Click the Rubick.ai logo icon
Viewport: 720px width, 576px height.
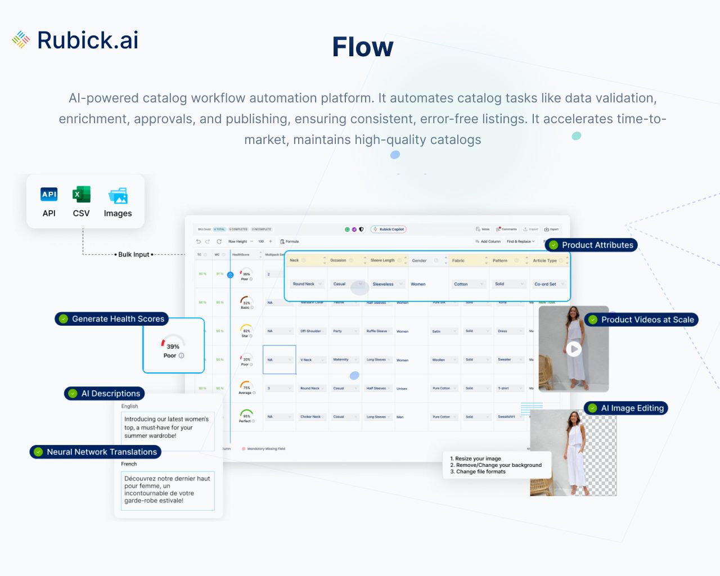click(x=21, y=39)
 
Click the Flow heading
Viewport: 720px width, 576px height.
click(x=363, y=47)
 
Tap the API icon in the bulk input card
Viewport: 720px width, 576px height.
click(x=49, y=195)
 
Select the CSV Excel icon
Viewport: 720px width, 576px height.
click(x=81, y=195)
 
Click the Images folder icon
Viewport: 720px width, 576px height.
click(x=118, y=196)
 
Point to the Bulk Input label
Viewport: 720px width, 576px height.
click(x=134, y=254)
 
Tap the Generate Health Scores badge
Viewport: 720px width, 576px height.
click(x=112, y=319)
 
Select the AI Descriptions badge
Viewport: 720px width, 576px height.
click(x=105, y=394)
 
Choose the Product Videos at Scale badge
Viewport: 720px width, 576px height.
click(x=641, y=319)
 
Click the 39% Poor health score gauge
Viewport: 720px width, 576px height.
click(x=173, y=346)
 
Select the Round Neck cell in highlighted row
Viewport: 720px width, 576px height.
click(x=304, y=284)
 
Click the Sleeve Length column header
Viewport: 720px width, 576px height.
click(x=382, y=260)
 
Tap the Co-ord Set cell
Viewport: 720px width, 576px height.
click(x=545, y=284)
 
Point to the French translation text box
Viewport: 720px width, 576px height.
click(x=168, y=490)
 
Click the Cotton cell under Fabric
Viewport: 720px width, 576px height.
click(x=461, y=284)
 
